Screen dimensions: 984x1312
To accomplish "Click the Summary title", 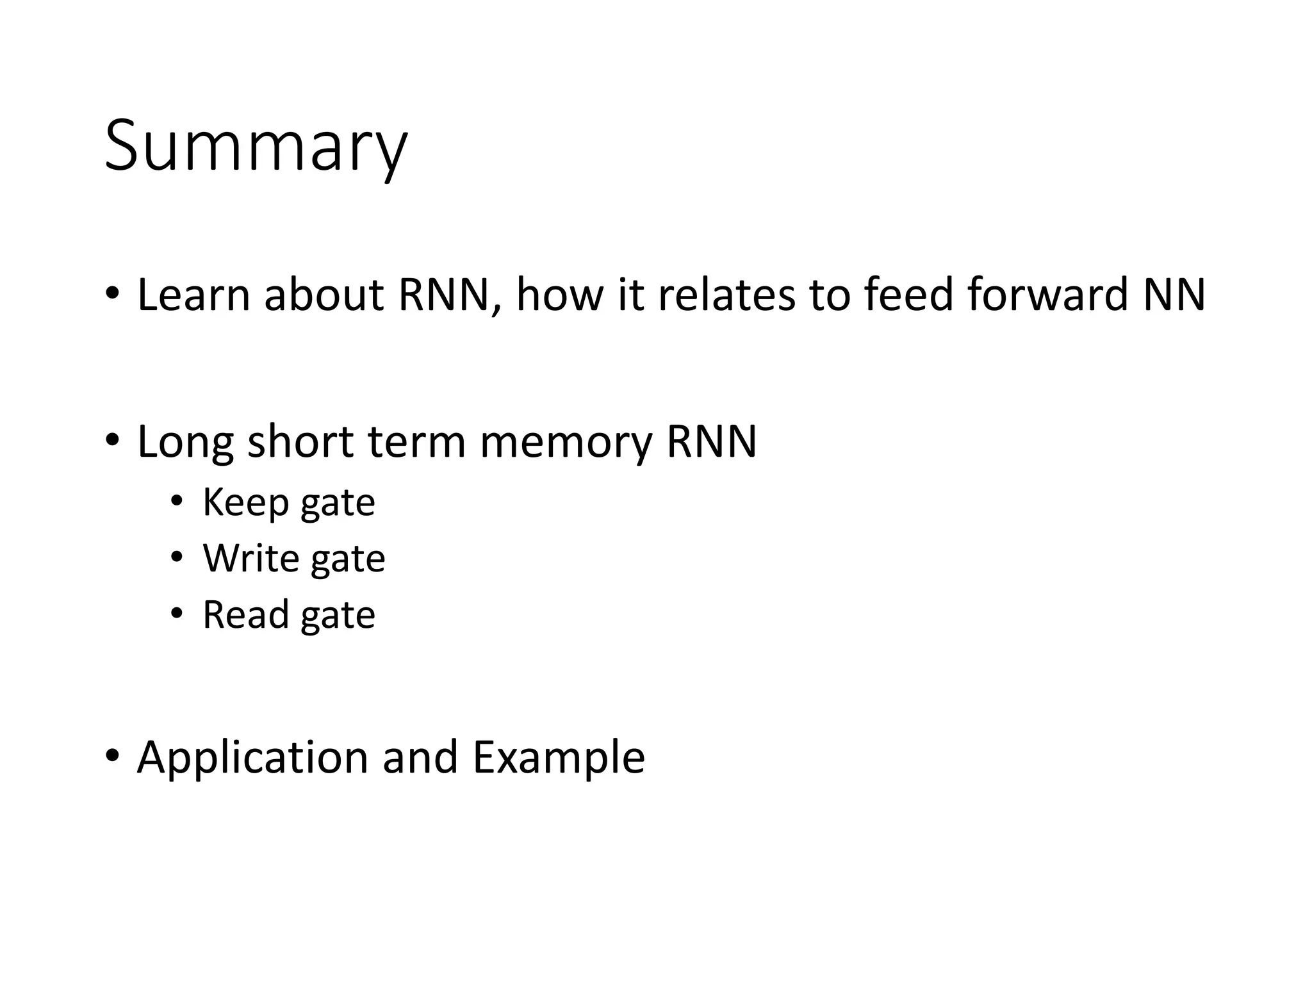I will [255, 146].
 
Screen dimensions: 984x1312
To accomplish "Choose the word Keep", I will [245, 502].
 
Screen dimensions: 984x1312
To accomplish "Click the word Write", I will [251, 558].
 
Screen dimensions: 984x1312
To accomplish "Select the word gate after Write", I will [348, 559].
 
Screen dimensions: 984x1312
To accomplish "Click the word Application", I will [252, 758].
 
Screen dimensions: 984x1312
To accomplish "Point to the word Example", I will [559, 758].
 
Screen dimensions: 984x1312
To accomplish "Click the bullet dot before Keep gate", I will [176, 501].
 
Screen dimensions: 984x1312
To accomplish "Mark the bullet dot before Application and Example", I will [112, 755].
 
